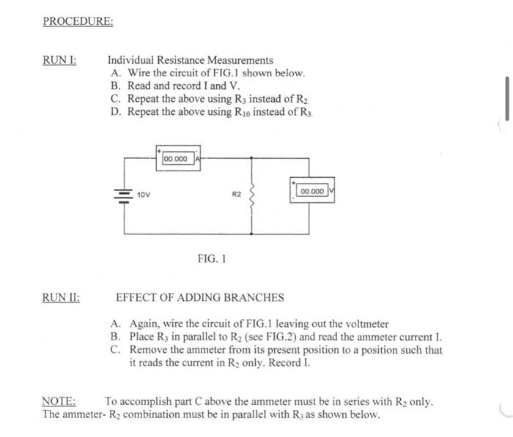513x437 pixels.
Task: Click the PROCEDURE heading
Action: pyautogui.click(x=78, y=21)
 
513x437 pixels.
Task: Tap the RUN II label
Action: pyautogui.click(x=62, y=297)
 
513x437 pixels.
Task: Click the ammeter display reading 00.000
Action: pyautogui.click(x=176, y=159)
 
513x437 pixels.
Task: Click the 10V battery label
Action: pyautogui.click(x=144, y=195)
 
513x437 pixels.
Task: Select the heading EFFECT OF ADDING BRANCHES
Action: pyautogui.click(x=199, y=297)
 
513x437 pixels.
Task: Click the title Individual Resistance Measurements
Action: pyautogui.click(x=190, y=60)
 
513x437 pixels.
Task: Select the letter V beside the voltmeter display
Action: pyautogui.click(x=331, y=191)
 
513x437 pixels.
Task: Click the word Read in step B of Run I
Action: pyautogui.click(x=140, y=86)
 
